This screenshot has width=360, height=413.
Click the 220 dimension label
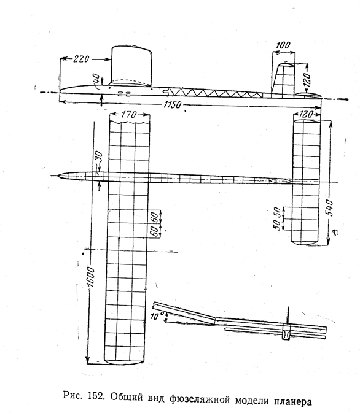(81, 59)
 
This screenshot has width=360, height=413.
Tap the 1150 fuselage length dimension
(172, 105)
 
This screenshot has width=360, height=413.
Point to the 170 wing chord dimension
(129, 114)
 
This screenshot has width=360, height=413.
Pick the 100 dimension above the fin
(283, 45)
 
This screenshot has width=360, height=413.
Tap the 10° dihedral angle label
(157, 316)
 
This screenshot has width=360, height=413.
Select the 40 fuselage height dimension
(96, 79)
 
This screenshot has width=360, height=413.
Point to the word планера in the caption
(293, 401)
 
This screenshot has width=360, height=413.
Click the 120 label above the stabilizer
(306, 114)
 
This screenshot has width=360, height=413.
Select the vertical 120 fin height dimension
(307, 79)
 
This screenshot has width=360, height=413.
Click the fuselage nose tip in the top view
(58, 176)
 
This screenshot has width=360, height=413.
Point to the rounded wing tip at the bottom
(124, 362)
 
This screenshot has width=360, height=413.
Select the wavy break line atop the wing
(129, 122)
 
